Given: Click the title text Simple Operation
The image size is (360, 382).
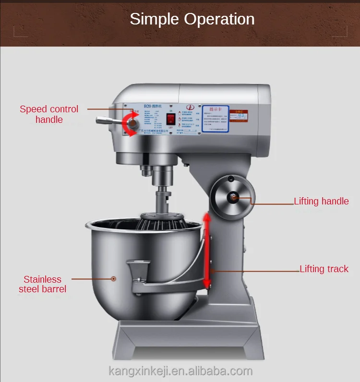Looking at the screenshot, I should coord(192,19).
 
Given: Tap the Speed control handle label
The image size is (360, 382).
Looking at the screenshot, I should coord(49,114).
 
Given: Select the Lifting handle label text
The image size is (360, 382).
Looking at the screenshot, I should coord(321,201).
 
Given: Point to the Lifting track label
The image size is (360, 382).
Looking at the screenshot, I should coord(324,269).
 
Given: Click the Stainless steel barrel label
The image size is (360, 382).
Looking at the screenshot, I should coord(43,284).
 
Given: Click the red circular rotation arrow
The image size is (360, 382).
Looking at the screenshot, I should coord(131,124).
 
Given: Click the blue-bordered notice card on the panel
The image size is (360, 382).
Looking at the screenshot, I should coord(215,119).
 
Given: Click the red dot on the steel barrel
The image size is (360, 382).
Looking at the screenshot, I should coord(114,278).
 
